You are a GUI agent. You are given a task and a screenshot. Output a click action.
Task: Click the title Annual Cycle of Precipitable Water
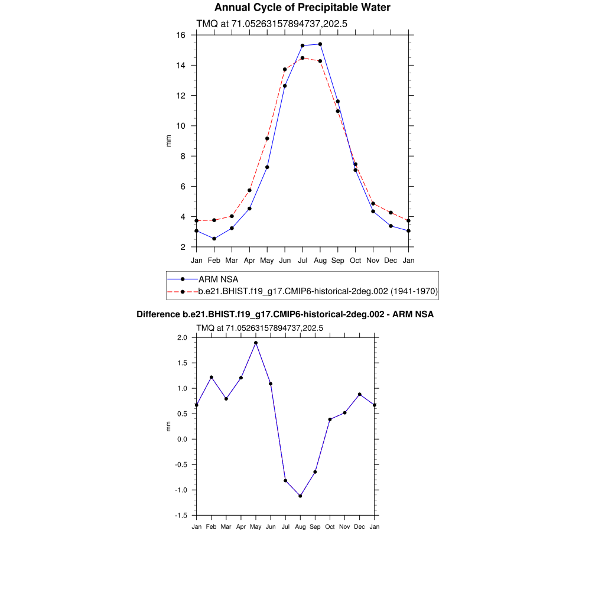[x=302, y=8]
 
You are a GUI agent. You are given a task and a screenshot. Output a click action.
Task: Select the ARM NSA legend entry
[x=218, y=279]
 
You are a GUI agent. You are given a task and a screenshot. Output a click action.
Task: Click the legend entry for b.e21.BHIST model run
[x=317, y=291]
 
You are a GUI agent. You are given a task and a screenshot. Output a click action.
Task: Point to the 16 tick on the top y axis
[x=181, y=35]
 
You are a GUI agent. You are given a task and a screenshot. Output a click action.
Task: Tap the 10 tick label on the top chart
[x=181, y=126]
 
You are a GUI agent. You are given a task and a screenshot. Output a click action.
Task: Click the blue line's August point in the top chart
[x=320, y=44]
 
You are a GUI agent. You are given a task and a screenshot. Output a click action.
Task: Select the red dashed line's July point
[x=302, y=58]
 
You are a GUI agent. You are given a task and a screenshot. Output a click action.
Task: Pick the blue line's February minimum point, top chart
[x=214, y=239]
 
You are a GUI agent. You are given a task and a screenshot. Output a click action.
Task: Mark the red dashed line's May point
[x=267, y=139]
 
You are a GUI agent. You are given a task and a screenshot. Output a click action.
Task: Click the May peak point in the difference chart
[x=256, y=343]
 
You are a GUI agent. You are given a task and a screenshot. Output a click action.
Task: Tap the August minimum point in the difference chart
[x=300, y=496]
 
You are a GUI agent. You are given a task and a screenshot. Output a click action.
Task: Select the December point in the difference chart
[x=359, y=394]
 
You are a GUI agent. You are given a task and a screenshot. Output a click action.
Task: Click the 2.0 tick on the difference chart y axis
[x=181, y=338]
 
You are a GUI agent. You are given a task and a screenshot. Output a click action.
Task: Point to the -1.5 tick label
[x=181, y=516]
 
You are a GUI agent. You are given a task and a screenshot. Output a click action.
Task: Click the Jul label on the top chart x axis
[x=302, y=260]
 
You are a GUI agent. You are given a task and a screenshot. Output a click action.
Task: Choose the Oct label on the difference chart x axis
[x=330, y=527]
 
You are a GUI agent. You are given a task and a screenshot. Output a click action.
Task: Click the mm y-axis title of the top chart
[x=168, y=141]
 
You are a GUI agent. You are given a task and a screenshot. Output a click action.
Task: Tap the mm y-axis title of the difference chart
[x=168, y=427]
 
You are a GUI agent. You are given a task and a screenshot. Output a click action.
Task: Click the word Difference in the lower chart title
[x=158, y=314]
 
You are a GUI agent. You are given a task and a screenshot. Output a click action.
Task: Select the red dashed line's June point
[x=285, y=69]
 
